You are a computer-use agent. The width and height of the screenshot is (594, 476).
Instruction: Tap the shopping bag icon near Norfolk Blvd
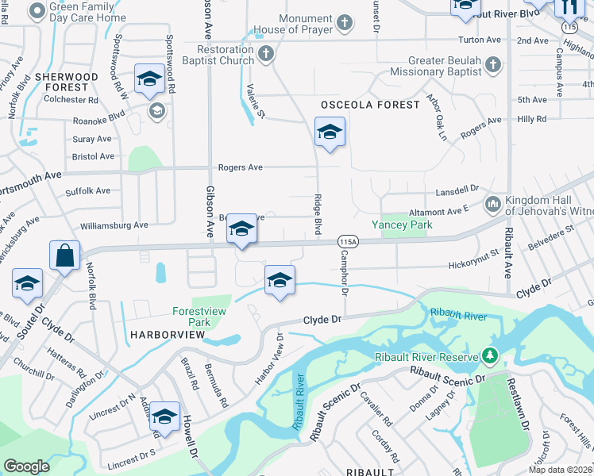[x=64, y=255]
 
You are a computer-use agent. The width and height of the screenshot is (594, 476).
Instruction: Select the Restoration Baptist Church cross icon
[x=266, y=55]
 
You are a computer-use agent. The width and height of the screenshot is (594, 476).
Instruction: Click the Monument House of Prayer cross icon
[x=344, y=22]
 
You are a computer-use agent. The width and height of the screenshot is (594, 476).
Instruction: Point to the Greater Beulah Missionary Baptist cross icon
[x=492, y=63]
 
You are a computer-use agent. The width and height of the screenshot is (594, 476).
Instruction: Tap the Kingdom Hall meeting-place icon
[x=492, y=204]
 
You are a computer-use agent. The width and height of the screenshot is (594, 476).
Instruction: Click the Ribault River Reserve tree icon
[x=491, y=356]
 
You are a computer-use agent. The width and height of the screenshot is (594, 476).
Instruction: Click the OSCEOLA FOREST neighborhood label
[x=369, y=105]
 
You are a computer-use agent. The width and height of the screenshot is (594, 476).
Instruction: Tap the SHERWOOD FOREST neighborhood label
[x=67, y=83]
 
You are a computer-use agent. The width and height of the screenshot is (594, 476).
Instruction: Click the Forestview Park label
[x=191, y=317]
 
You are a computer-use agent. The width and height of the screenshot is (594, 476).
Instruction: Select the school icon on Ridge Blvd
[x=330, y=132]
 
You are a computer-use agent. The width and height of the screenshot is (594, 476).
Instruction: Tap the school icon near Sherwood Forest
[x=148, y=79]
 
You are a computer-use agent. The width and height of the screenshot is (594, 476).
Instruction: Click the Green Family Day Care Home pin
[x=37, y=11]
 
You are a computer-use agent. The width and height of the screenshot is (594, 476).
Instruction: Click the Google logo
[x=26, y=466]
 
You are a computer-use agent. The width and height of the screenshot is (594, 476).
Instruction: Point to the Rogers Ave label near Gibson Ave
[x=240, y=168]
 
